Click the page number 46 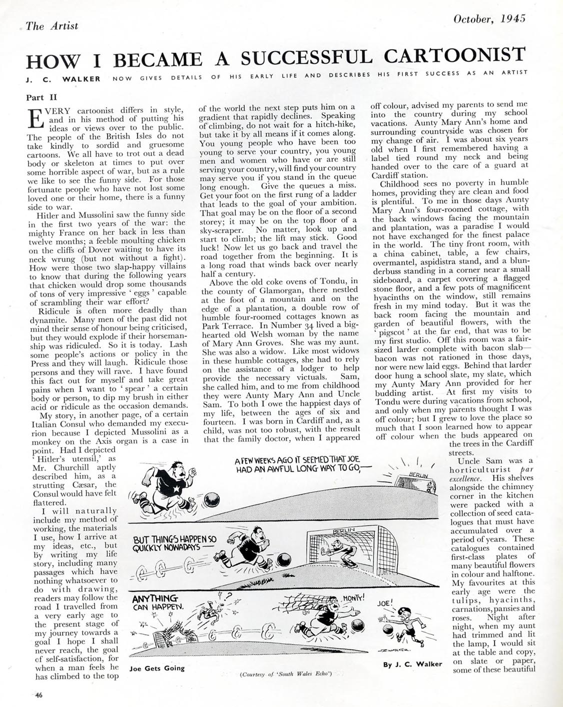click(38, 694)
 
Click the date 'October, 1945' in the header click(489, 20)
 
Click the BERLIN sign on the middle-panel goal click(344, 530)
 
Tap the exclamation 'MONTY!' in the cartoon click(353, 598)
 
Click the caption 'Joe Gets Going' click(157, 668)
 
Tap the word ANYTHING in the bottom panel click(155, 598)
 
